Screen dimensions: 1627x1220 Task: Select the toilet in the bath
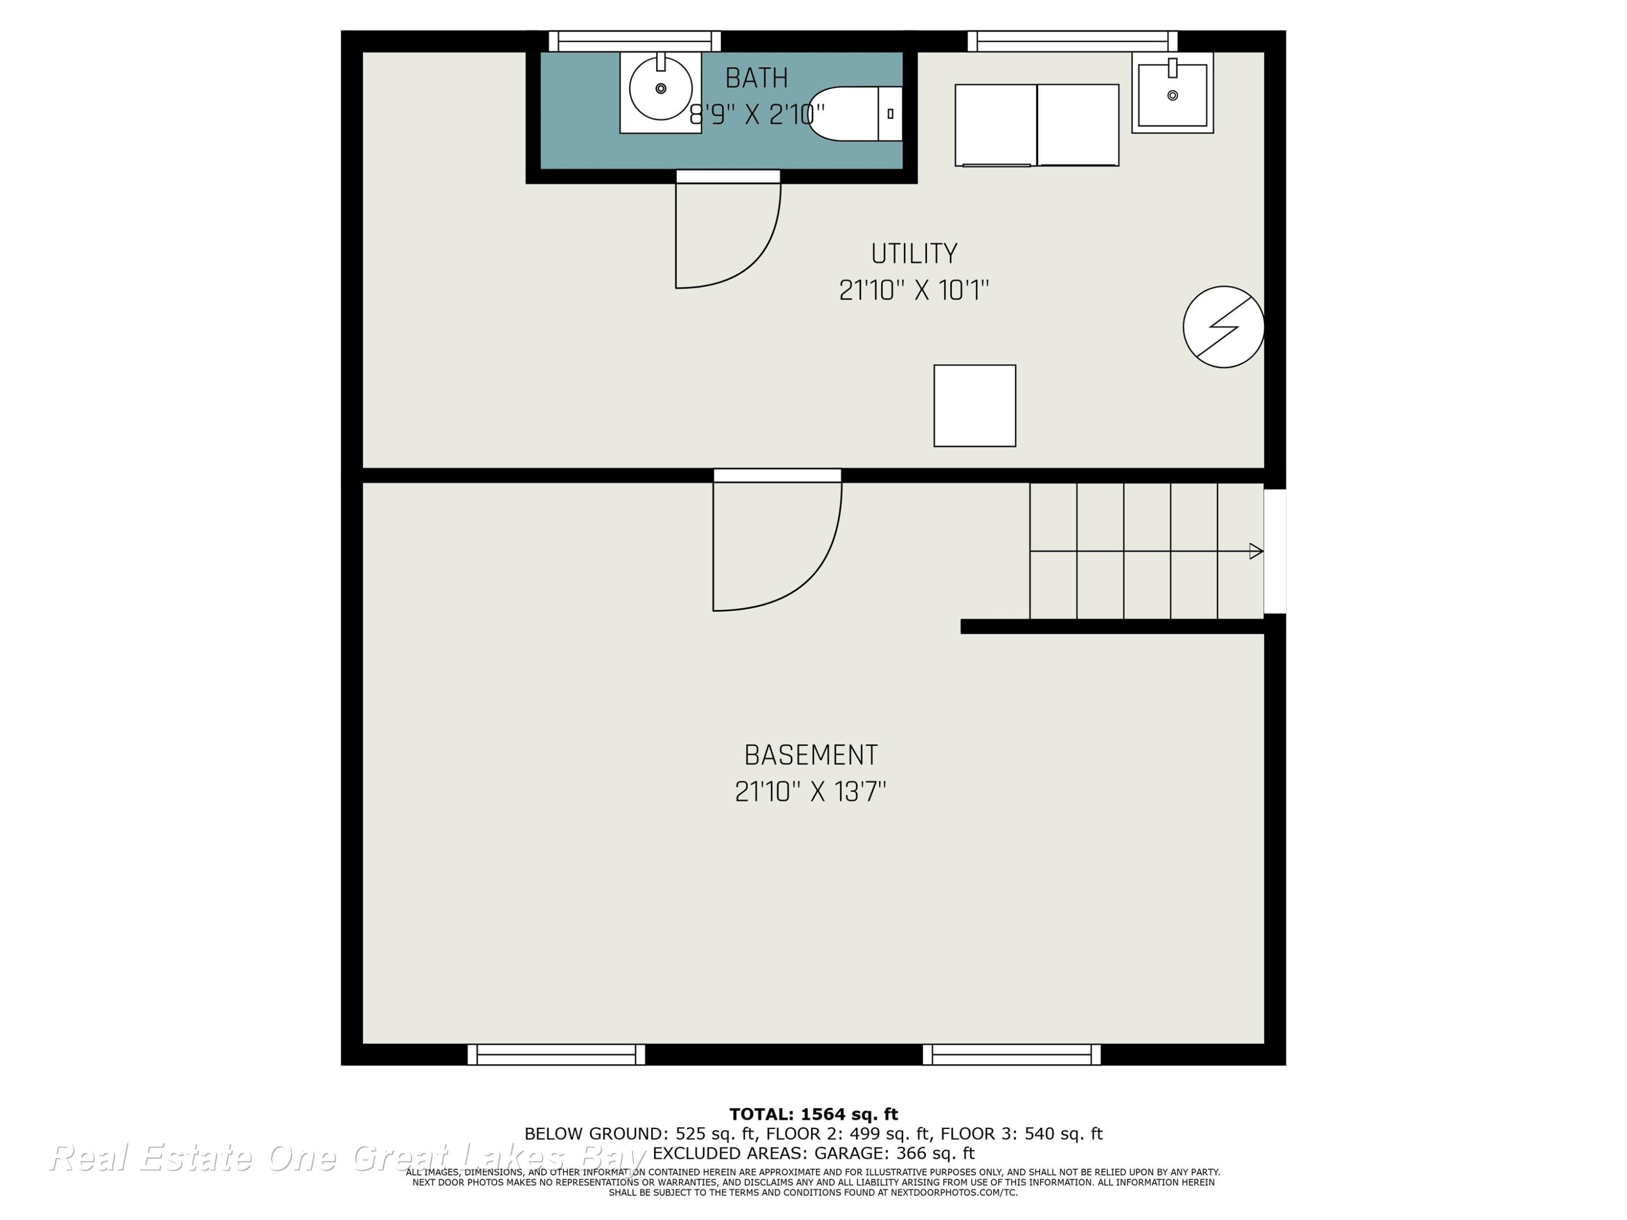tap(855, 114)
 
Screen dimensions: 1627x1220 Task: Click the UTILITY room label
tap(914, 254)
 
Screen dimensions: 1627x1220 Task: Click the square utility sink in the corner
tap(1173, 93)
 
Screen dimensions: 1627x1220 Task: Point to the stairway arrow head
tap(1256, 551)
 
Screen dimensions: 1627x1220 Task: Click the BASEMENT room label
tap(811, 755)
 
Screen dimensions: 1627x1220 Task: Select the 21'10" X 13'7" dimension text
tap(811, 792)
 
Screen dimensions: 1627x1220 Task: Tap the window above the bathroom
tap(635, 41)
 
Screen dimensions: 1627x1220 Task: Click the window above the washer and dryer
tap(1072, 41)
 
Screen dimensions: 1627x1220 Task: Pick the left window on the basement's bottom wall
tap(556, 1055)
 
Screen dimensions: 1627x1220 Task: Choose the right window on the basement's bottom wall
tap(1012, 1055)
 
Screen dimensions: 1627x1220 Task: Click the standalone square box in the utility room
tap(975, 406)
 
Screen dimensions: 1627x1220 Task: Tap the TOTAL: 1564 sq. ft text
tap(813, 1114)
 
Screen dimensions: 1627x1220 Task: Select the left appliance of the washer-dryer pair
tap(996, 125)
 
